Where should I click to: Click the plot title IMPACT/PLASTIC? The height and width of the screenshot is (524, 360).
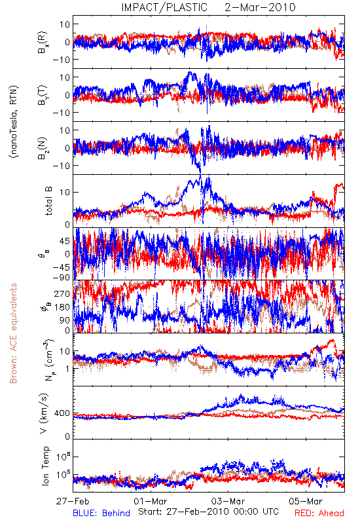coord(164,7)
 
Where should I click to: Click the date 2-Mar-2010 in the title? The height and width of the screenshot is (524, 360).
coord(260,7)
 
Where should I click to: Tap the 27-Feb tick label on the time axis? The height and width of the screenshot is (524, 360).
coord(73,501)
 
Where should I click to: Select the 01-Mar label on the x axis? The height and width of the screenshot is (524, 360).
coord(151,501)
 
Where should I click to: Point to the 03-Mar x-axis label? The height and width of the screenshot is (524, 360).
coord(228,501)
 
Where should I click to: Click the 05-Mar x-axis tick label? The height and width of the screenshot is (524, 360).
coord(306,501)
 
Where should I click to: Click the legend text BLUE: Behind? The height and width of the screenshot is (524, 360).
coord(101,513)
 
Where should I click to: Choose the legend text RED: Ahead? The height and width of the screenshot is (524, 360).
coord(319,513)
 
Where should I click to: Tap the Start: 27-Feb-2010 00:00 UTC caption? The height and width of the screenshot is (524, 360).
coord(208,512)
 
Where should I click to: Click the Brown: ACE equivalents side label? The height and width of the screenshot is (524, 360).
coord(13,333)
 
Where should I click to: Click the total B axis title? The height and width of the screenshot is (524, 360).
coord(48,201)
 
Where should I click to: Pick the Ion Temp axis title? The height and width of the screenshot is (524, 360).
coord(45,466)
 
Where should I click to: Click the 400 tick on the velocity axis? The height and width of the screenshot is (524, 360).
coord(62,413)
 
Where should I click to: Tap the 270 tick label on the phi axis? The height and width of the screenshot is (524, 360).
coord(62,294)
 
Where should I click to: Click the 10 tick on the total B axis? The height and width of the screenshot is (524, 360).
coord(65,192)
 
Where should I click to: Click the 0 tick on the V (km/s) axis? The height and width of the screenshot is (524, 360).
coord(68,436)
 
